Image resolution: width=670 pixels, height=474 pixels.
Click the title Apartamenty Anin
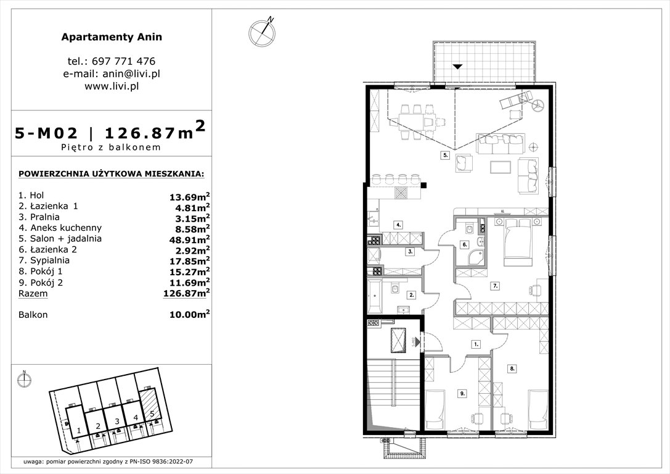(112, 37)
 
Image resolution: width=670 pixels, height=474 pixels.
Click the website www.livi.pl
(112, 86)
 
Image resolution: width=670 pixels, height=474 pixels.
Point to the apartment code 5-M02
(47, 133)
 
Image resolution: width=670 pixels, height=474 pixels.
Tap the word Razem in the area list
(33, 294)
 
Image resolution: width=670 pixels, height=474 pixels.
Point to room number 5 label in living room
(444, 156)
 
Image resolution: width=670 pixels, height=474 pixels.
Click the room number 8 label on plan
(512, 368)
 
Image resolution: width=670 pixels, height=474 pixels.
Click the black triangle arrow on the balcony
(456, 66)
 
